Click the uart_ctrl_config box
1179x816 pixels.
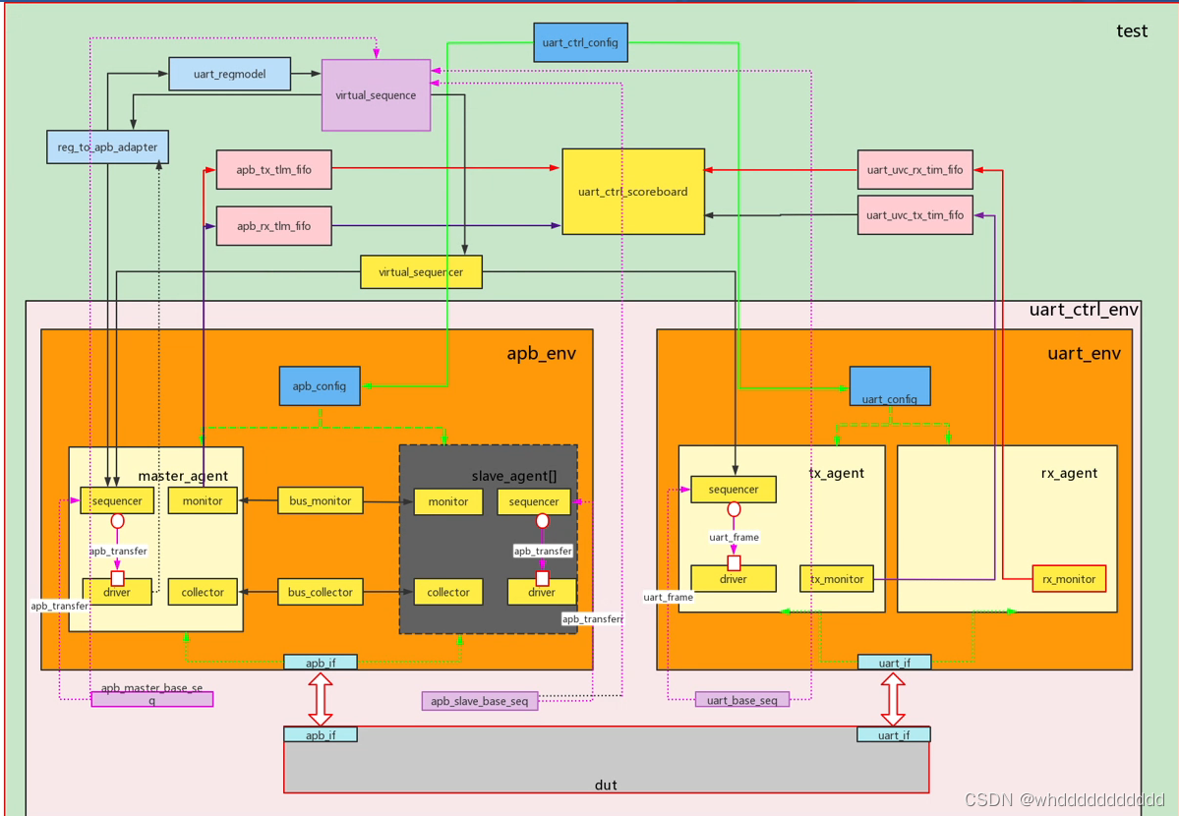point(580,43)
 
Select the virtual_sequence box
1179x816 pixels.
point(376,95)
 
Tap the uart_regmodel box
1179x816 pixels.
point(230,75)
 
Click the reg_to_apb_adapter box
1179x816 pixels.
point(108,147)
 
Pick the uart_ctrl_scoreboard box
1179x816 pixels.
point(633,192)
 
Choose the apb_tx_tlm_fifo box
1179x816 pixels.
point(273,170)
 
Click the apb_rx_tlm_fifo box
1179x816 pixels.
point(273,226)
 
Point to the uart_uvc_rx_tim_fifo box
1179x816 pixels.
point(914,170)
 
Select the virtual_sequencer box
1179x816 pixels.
point(421,272)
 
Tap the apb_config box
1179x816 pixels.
point(320,386)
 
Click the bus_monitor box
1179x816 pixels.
point(320,501)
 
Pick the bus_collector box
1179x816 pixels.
point(320,592)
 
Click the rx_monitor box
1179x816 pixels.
point(1069,579)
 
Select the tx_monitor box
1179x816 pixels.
point(837,579)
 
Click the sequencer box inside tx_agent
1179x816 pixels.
point(734,490)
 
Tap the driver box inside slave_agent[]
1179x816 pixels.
point(542,593)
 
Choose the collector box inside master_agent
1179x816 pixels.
point(203,592)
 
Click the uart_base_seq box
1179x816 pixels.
point(742,700)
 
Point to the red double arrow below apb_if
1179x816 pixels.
point(321,699)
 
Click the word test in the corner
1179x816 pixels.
point(1132,30)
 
